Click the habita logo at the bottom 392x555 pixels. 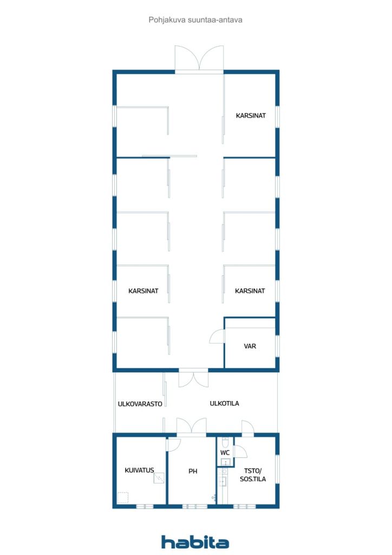[x=195, y=542]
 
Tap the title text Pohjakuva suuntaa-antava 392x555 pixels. [x=195, y=20]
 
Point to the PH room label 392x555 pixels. [x=193, y=472]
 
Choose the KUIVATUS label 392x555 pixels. [x=140, y=470]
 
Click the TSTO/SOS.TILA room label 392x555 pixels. [x=253, y=475]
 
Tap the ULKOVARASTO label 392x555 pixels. [x=140, y=404]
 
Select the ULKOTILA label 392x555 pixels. [x=225, y=404]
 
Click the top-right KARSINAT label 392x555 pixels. [x=251, y=115]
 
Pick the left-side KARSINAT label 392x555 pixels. [x=143, y=291]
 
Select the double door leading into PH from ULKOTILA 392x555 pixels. [x=191, y=427]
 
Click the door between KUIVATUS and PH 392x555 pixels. [x=173, y=444]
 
